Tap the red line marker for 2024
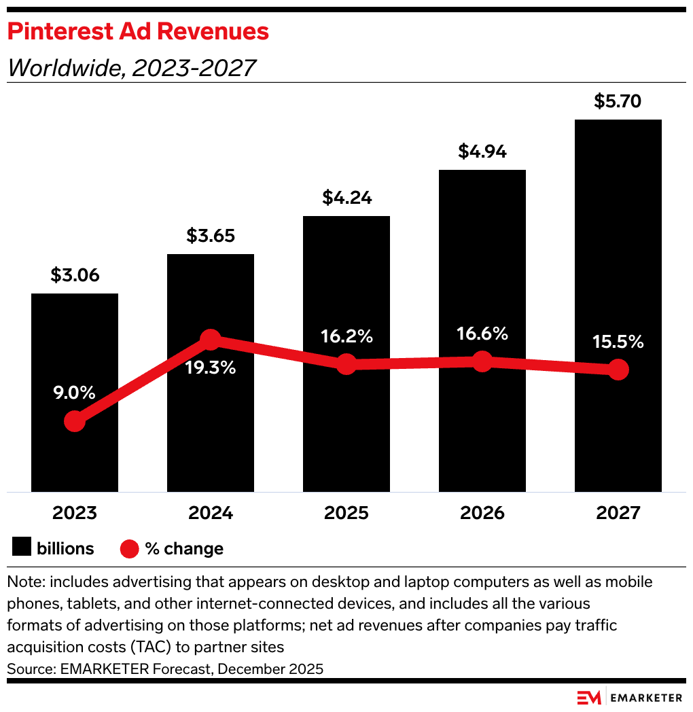tap(211, 340)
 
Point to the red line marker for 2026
tap(482, 361)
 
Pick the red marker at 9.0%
tap(75, 422)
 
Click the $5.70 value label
tap(618, 102)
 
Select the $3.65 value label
tap(211, 236)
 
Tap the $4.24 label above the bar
tap(346, 198)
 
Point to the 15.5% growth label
tap(618, 342)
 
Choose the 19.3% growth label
tap(211, 368)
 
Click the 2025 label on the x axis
tap(346, 513)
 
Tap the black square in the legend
tap(22, 548)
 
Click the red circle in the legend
tap(129, 548)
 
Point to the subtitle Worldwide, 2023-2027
tap(130, 67)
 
